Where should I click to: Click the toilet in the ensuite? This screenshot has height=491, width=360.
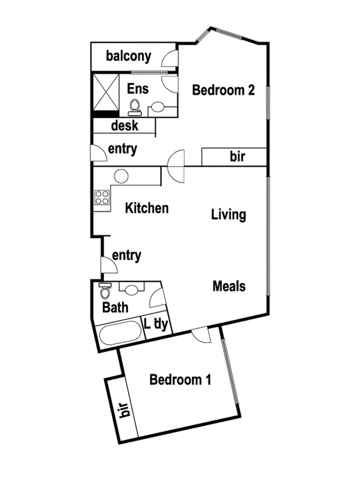coord(135,106)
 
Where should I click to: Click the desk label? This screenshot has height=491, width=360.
coord(125,125)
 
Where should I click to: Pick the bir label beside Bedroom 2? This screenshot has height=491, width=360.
coord(237,157)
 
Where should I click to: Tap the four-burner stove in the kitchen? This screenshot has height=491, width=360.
coord(102,197)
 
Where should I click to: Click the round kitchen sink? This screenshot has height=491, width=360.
coord(121,176)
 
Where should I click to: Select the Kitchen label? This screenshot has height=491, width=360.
coord(147,209)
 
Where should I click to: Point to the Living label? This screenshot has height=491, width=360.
coord(229,215)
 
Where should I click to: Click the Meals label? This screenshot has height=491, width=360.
coord(229,286)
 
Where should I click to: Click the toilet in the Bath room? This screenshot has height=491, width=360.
coord(105,290)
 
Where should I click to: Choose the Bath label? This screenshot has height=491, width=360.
coord(115,308)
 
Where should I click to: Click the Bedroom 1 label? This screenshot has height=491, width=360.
coord(180,380)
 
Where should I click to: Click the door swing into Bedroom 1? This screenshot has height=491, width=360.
coord(200,335)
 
